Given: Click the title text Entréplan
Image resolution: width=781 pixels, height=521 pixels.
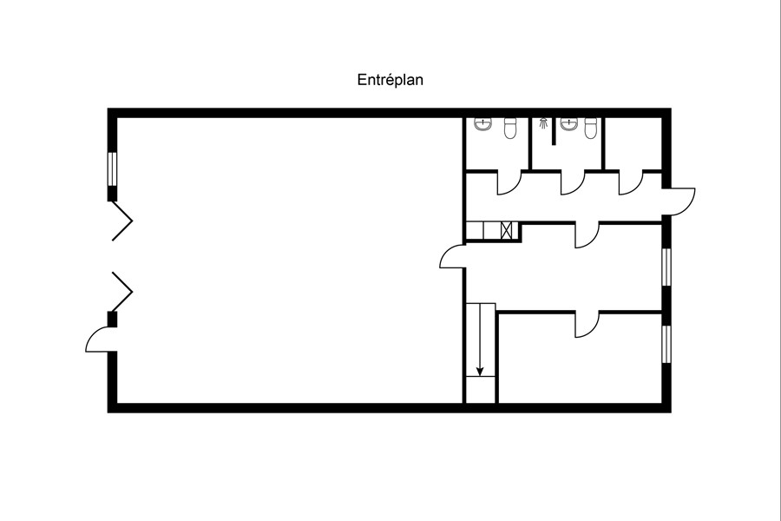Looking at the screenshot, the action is click(x=390, y=80).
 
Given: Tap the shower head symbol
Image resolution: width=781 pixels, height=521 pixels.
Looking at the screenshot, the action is click(x=544, y=123).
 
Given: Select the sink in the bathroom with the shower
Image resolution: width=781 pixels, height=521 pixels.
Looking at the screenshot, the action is click(x=568, y=124).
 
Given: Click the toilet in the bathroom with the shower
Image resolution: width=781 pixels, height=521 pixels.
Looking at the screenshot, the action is click(x=590, y=129).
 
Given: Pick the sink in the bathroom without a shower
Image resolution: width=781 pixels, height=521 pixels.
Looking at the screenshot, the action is click(x=482, y=124).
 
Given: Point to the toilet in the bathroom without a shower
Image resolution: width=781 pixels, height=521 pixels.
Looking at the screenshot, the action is click(x=510, y=129).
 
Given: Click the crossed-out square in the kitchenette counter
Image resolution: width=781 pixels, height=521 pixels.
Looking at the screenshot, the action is click(x=506, y=231).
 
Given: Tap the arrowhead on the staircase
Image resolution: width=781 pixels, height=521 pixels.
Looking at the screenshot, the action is click(x=480, y=372).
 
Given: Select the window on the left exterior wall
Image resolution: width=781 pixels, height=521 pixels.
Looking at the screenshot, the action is click(x=112, y=169).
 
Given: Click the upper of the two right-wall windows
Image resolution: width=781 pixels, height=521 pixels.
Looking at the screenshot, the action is click(x=666, y=267).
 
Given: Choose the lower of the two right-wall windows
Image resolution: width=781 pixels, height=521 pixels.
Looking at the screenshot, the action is click(x=666, y=344).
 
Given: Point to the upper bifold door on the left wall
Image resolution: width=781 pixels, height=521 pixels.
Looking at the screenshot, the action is click(x=122, y=221).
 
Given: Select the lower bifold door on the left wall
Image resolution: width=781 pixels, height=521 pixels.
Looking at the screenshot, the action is click(x=122, y=292).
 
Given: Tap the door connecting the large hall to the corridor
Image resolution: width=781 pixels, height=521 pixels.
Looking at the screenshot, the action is click(x=452, y=256).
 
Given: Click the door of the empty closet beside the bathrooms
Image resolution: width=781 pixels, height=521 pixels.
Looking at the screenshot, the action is click(x=631, y=182).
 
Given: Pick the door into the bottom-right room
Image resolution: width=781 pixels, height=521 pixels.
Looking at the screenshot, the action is click(x=587, y=325).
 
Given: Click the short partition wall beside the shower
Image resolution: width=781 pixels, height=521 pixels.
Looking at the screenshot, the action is click(x=554, y=131).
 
